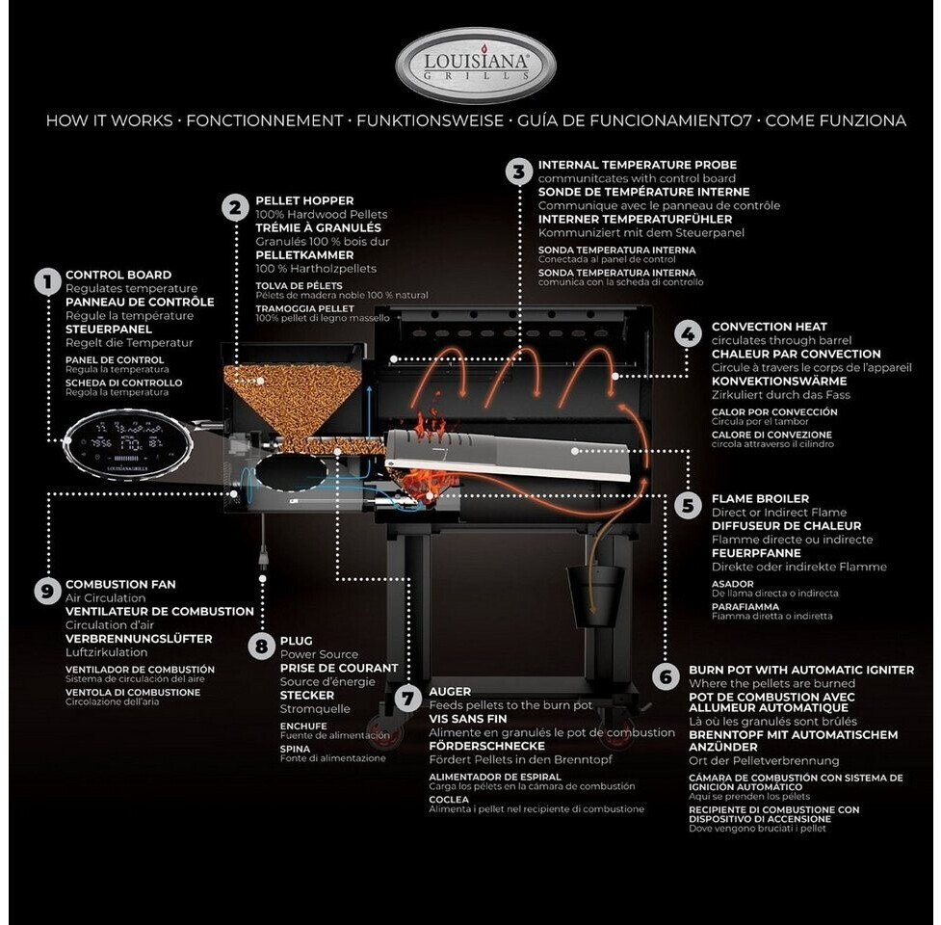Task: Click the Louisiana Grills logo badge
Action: (476, 65)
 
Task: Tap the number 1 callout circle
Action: (46, 281)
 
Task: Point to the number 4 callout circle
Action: (688, 334)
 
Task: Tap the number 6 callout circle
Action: (665, 676)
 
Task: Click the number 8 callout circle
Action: (260, 647)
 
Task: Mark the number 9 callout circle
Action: (46, 591)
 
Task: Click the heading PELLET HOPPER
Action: (304, 200)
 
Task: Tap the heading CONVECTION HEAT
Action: (769, 327)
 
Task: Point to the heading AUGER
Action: (450, 692)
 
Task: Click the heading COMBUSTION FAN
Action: (120, 584)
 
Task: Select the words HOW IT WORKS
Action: (109, 121)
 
